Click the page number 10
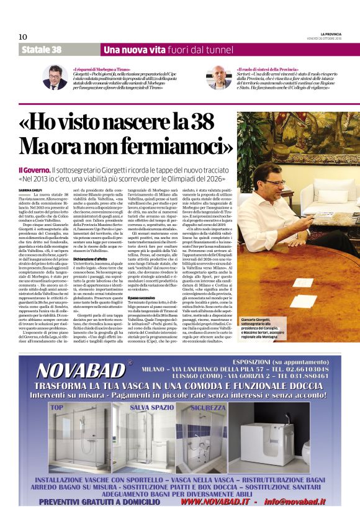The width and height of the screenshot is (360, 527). pyautogui.click(x=23, y=37)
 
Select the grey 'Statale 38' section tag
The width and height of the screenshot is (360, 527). pyautogui.click(x=41, y=50)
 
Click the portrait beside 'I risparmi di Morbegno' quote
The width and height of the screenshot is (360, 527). pyautogui.click(x=55, y=78)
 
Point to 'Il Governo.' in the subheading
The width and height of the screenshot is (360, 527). pyautogui.click(x=34, y=169)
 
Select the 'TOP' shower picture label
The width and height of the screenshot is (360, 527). pyautogui.click(x=56, y=407)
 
